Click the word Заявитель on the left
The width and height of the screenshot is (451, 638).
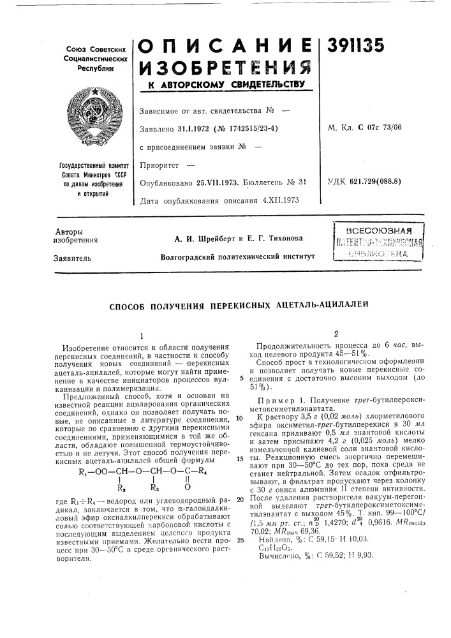click(70, 259)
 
